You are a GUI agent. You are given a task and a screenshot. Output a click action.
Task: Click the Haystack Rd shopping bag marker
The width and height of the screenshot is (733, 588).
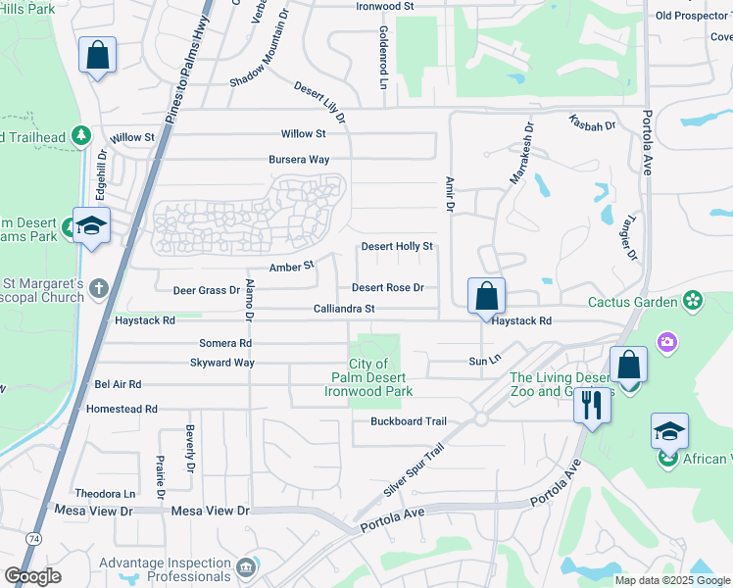tap(486, 295)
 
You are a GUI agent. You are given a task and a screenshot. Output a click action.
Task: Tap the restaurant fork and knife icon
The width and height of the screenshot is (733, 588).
tap(591, 404)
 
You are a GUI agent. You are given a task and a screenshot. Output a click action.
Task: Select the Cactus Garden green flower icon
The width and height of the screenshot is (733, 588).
tap(694, 299)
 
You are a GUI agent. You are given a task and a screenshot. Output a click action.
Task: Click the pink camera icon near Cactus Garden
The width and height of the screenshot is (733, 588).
tap(667, 342)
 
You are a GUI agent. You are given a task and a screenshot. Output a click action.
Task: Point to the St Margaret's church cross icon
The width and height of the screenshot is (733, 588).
tap(98, 289)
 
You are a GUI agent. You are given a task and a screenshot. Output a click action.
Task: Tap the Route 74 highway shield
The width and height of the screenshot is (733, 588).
tap(34, 538)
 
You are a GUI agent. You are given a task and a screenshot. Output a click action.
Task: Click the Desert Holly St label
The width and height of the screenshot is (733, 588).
tap(397, 247)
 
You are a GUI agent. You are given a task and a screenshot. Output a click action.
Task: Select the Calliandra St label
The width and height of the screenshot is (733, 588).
tap(343, 309)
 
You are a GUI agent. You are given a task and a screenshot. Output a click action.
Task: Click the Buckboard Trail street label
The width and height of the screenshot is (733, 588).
tap(408, 421)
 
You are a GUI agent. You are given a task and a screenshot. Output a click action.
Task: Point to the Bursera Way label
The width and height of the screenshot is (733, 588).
tap(299, 159)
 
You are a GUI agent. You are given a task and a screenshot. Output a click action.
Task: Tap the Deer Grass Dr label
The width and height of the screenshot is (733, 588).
tap(206, 291)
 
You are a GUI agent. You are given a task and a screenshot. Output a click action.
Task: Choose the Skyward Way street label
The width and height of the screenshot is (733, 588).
tap(222, 363)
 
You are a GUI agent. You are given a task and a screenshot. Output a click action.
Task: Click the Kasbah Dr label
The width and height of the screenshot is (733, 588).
tap(591, 125)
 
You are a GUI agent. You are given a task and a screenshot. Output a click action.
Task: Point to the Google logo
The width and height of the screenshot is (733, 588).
tap(32, 576)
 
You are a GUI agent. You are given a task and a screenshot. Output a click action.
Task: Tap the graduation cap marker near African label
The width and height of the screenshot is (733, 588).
tap(669, 430)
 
